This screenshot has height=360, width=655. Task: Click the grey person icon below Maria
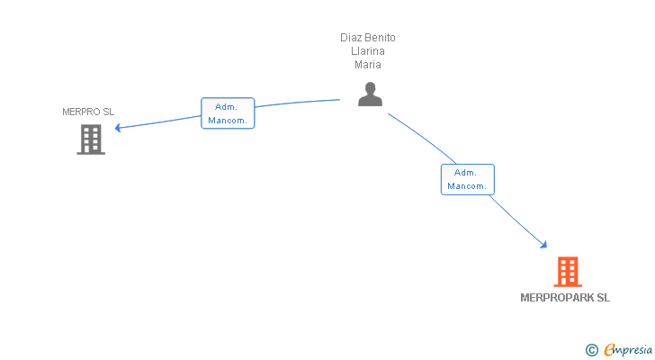coord(370,95)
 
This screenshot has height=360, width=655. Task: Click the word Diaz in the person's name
coord(350,38)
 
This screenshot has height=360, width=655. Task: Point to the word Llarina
coord(368,51)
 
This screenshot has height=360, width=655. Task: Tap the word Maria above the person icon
coord(368,65)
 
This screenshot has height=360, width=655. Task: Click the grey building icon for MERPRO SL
coord(91,139)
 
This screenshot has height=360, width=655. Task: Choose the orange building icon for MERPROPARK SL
coord(567,272)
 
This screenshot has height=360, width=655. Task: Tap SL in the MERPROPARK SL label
coord(603,298)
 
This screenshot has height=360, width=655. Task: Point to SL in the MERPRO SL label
coord(109,112)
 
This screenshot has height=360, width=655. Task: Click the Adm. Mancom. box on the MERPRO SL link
coord(228,113)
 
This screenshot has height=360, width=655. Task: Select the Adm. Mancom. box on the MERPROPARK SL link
coord(467,179)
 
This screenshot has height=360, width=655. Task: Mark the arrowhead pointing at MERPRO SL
coord(118,128)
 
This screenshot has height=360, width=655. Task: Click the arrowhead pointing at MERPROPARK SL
coord(543,244)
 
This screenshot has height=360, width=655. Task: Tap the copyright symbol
coord(591,349)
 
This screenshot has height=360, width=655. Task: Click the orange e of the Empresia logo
coord(609,349)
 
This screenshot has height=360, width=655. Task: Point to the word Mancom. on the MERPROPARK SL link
coord(467,186)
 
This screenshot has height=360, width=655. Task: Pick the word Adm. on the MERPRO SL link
coord(226,106)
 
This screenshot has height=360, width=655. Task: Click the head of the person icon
coord(370,88)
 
